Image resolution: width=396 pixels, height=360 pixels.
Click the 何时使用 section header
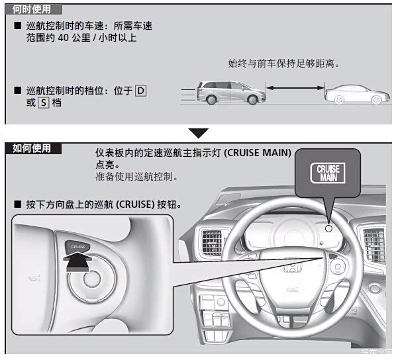click(x=32, y=9)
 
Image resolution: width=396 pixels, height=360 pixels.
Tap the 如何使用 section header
click(x=32, y=148)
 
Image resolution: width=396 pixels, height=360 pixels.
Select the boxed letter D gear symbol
click(x=140, y=91)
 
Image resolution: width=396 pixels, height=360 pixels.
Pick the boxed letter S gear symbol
click(x=44, y=103)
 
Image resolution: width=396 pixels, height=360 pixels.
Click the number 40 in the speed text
click(x=64, y=38)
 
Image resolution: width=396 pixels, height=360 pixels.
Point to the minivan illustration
click(x=230, y=93)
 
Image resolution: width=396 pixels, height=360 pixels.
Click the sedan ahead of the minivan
click(x=357, y=94)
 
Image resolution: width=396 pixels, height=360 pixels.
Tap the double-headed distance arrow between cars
click(x=295, y=88)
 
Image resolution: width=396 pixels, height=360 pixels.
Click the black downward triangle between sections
click(x=199, y=133)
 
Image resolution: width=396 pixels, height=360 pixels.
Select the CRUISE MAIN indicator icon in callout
click(x=328, y=173)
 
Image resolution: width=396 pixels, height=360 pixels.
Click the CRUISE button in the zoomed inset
click(x=77, y=247)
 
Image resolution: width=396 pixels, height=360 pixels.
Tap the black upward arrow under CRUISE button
click(x=77, y=263)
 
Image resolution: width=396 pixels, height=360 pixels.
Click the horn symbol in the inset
click(x=34, y=278)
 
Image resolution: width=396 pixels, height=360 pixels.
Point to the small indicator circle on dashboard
click(x=328, y=229)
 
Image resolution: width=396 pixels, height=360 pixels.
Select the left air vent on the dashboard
click(x=212, y=242)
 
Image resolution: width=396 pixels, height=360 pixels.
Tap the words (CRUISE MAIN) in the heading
click(x=258, y=153)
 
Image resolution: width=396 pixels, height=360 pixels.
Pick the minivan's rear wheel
click(x=211, y=99)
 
